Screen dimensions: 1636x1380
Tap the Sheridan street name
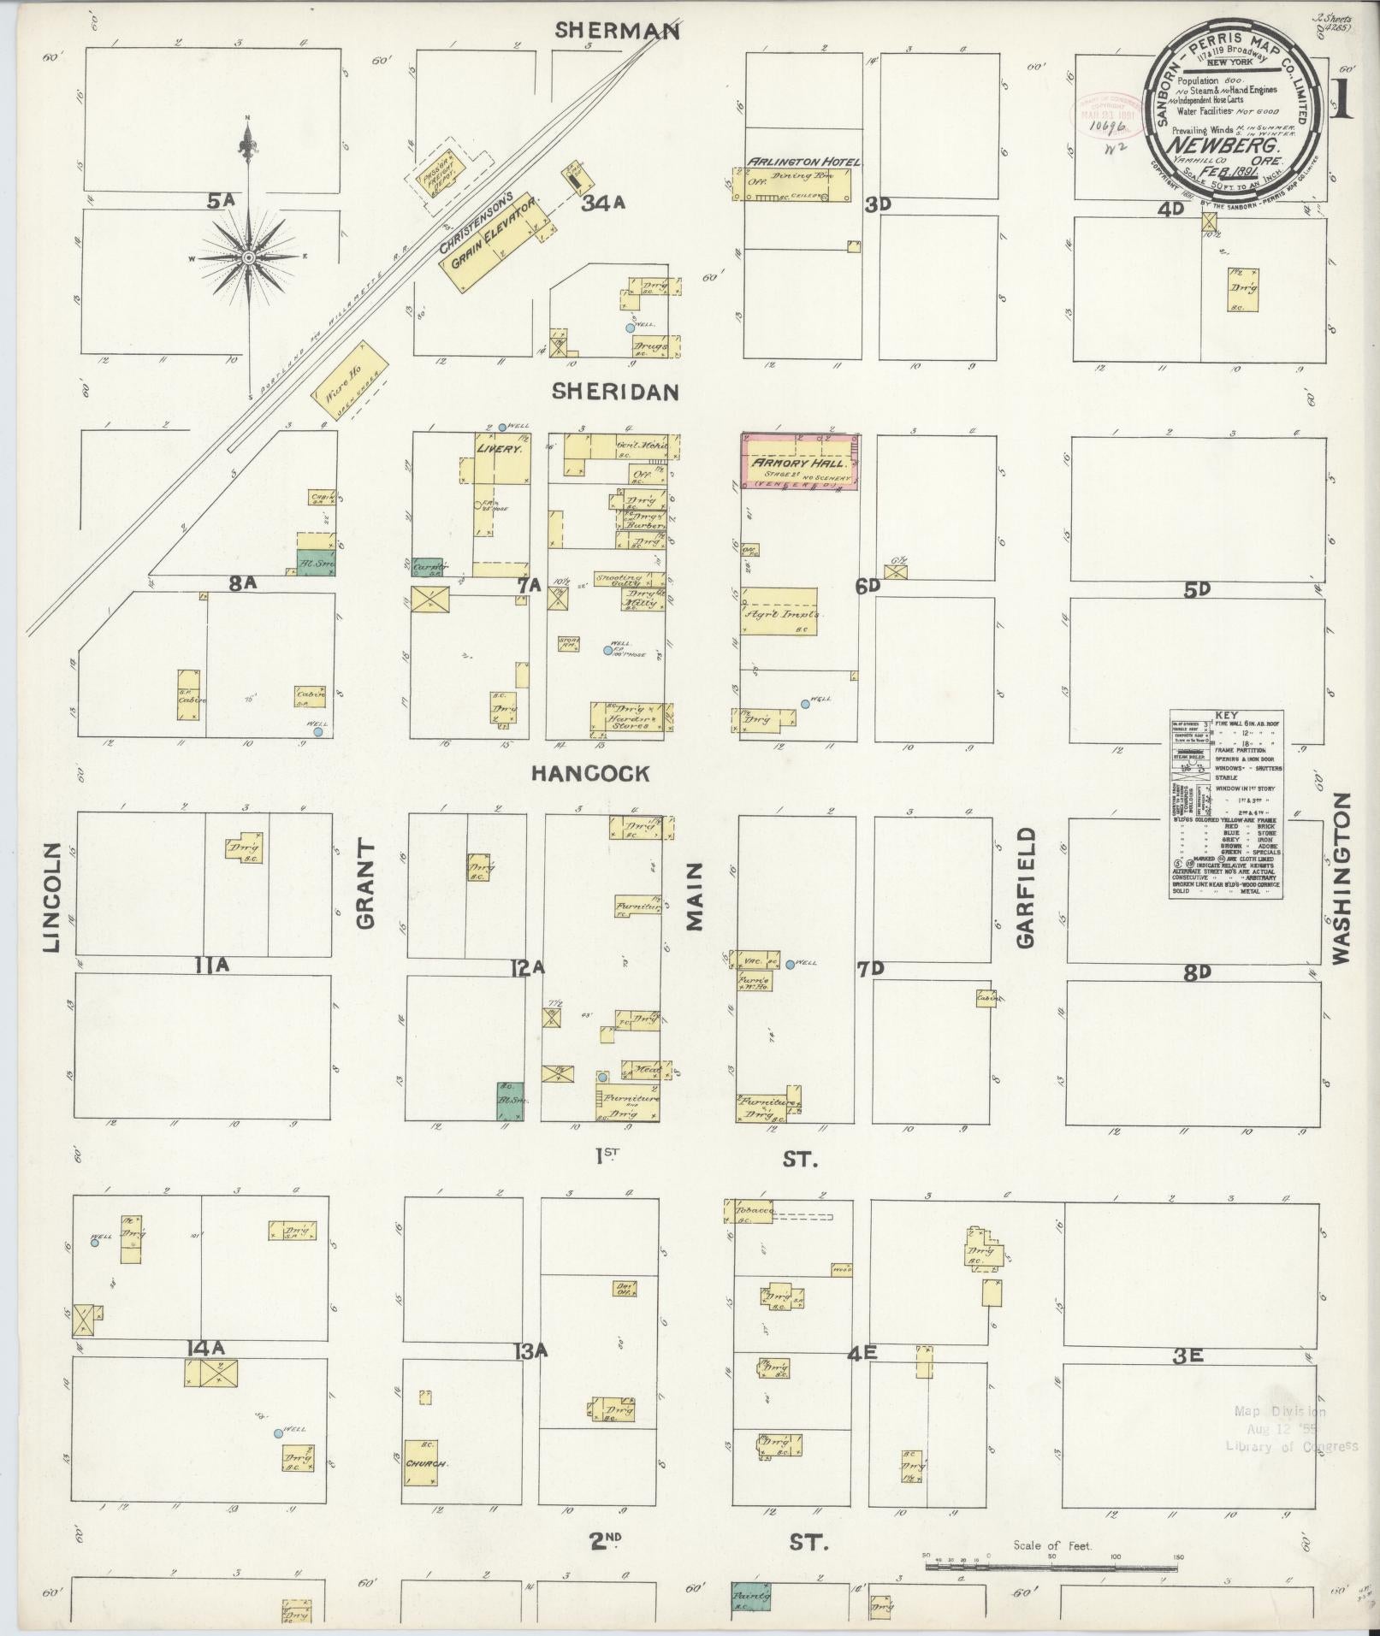615,392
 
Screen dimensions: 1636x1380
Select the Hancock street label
590,774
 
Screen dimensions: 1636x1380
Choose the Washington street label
1340,877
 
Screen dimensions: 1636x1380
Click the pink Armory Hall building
799,462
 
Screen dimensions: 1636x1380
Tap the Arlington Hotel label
804,161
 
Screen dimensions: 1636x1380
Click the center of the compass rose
248,257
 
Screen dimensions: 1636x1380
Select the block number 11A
212,966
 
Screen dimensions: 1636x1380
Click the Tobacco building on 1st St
749,1213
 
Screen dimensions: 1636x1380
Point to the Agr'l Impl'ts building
779,612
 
